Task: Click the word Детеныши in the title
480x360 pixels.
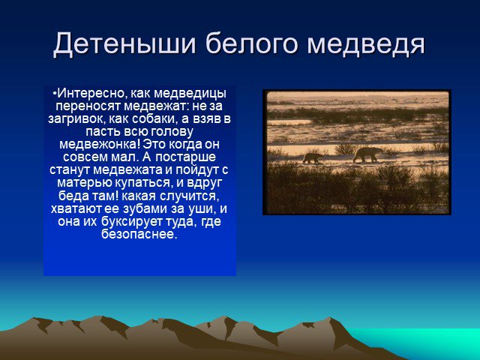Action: click(x=124, y=43)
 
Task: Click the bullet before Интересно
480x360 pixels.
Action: click(x=55, y=93)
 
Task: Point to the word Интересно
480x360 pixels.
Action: click(x=91, y=93)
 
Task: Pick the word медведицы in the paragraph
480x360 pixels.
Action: click(x=190, y=94)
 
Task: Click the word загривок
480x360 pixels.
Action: click(x=76, y=120)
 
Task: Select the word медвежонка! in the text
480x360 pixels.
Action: click(x=100, y=145)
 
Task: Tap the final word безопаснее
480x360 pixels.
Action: click(x=139, y=235)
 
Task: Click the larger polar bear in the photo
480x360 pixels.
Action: click(x=367, y=154)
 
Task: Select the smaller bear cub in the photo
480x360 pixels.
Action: click(x=313, y=158)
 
